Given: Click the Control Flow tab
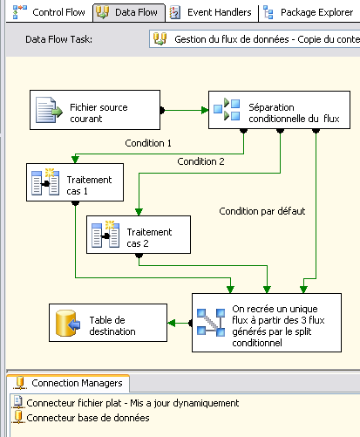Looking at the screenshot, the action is click(50, 12).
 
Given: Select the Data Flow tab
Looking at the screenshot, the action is click(129, 12).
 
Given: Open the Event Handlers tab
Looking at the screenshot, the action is click(211, 12).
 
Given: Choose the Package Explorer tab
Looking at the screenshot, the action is click(309, 12).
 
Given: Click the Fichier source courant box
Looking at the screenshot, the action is click(95, 110).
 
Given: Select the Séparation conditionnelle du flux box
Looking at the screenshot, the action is click(279, 110).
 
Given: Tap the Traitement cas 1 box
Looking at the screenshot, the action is click(75, 182).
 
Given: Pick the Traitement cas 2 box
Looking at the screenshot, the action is click(139, 235).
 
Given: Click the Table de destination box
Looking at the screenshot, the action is click(108, 323).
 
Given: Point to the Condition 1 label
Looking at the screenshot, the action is click(148, 143).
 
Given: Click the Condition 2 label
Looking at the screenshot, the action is click(200, 161).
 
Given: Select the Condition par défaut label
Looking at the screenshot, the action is click(262, 211).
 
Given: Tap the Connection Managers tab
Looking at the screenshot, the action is click(69, 383).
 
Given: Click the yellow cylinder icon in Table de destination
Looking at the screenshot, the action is click(67, 323).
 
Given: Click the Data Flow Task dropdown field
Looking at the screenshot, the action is click(255, 39).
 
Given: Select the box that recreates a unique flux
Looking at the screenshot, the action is click(267, 323).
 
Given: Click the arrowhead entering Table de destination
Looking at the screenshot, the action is click(172, 323).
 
